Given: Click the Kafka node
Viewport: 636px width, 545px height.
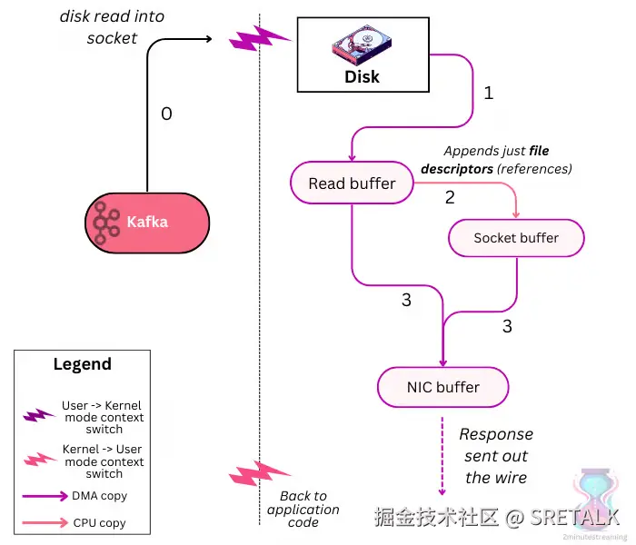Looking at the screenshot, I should point(147,222).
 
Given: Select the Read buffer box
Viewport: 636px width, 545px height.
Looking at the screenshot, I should point(352,183).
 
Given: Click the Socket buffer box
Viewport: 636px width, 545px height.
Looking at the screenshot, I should point(516,238).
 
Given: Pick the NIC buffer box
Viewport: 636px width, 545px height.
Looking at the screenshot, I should point(442,387).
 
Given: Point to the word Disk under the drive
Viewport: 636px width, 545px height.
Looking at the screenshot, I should point(362,76).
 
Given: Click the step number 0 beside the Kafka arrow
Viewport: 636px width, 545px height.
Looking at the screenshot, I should point(166,114).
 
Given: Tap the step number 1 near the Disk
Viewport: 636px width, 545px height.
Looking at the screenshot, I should point(488,93).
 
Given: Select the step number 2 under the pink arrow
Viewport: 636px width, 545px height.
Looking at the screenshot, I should point(450,197).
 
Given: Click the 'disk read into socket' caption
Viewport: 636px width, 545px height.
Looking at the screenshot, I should point(112,26).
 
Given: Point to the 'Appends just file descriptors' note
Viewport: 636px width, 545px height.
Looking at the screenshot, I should point(497,160).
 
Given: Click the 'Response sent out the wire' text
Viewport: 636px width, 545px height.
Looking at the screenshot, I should point(496,456).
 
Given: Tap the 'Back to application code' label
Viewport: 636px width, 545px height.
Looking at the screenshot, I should point(303,510).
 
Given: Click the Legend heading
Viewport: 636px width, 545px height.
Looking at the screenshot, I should point(82,364).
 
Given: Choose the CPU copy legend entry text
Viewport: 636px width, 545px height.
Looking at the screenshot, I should point(100,523).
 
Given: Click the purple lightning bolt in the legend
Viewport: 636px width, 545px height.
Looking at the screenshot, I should point(40,415).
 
